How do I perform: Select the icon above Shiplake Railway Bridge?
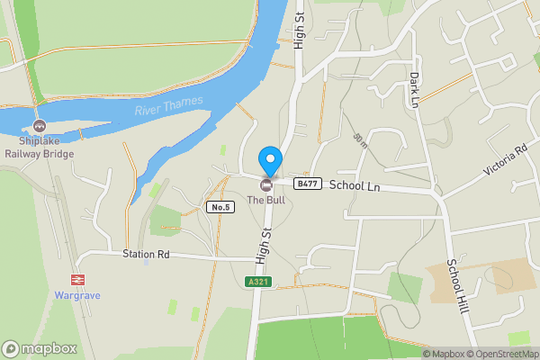coord(39,126)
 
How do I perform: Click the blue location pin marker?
coord(269,161)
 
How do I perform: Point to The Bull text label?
coord(267,200)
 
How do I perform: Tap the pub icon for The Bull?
coord(266,184)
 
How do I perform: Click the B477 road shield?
coord(308,184)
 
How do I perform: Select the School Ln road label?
coord(355,185)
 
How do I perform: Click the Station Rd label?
coord(147,255)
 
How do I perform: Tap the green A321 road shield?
coord(258,282)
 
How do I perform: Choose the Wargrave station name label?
coord(76,294)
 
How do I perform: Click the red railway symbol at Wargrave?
coord(77,280)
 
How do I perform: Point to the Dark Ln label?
coord(415,90)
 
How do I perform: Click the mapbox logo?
coord(40,348)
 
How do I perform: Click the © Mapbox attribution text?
coord(446,354)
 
